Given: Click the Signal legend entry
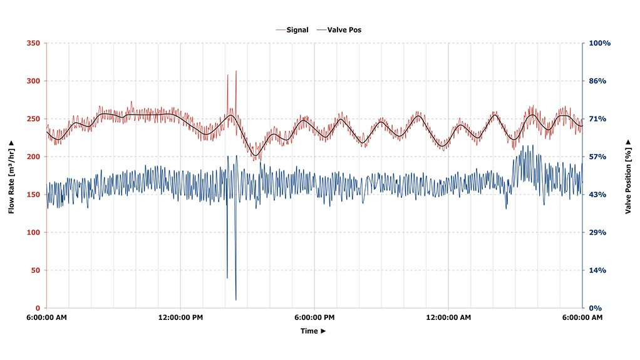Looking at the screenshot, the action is [292, 30].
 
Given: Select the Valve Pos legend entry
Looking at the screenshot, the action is [339, 30].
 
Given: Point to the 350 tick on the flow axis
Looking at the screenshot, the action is [33, 43].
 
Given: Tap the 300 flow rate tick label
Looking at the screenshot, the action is [33, 81].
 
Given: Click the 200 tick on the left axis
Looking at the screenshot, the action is [33, 157].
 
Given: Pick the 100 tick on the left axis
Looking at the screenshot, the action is [33, 233].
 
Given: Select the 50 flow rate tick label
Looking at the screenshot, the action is [36, 270].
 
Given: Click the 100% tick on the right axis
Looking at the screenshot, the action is [599, 43].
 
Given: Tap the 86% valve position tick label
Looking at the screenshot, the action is [597, 81].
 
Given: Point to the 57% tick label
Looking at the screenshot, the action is [597, 157].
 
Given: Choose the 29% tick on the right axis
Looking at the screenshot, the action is [597, 233].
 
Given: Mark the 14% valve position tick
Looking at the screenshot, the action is [597, 270].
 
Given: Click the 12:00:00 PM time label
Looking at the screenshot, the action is [180, 317].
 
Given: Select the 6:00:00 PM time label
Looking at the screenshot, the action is [314, 317].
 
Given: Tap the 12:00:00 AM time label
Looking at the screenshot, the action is [448, 317].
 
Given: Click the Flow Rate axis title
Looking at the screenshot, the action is [11, 177].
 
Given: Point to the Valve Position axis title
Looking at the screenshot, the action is [628, 177].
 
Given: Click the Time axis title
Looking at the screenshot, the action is [313, 331].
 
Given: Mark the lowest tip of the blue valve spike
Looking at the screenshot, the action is [236, 300].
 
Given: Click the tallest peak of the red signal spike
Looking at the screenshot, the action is [236, 71].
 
